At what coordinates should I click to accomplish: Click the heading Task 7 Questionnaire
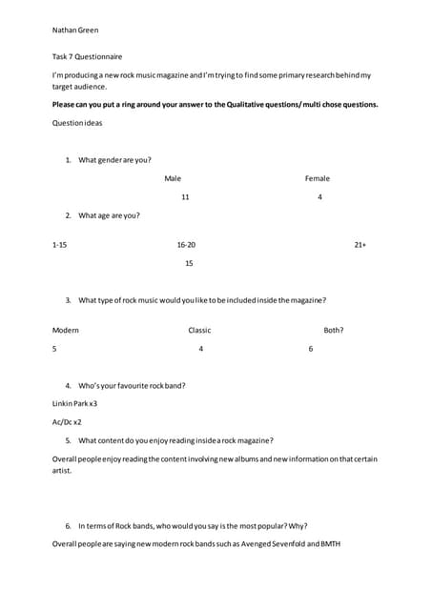coord(87,57)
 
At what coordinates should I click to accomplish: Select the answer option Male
coord(173,178)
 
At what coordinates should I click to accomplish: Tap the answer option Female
coord(318,178)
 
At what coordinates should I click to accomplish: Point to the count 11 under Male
coord(185,197)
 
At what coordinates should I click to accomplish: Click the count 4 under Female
coord(319,197)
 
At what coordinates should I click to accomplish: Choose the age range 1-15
coord(60,245)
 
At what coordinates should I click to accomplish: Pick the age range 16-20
coord(186,245)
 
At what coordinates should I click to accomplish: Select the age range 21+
coord(360,245)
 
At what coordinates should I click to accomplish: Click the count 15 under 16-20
coord(189,263)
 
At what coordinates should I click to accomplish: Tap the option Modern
coord(66,330)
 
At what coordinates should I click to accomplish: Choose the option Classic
coord(199,330)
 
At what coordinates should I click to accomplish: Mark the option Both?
coord(334,330)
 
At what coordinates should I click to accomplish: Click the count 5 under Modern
coord(54,349)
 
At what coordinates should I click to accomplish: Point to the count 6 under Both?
coord(311,349)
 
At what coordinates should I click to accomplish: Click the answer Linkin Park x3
coord(74,404)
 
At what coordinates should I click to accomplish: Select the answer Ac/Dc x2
coord(67,421)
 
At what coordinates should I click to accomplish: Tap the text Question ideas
coord(77,123)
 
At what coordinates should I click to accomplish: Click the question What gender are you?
coord(114,160)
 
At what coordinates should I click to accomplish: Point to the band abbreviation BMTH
coord(329,544)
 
